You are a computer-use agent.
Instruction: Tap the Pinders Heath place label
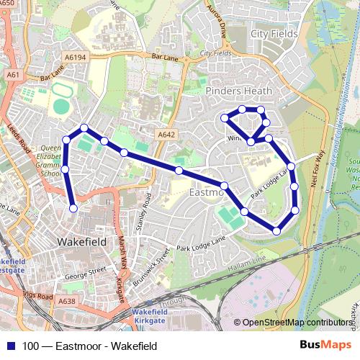(x=239, y=91)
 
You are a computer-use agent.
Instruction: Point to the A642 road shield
(x=166, y=133)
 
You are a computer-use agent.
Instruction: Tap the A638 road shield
(x=67, y=301)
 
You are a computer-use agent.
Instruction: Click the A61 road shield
(x=12, y=74)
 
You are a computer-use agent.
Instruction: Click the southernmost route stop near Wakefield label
(x=73, y=209)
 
